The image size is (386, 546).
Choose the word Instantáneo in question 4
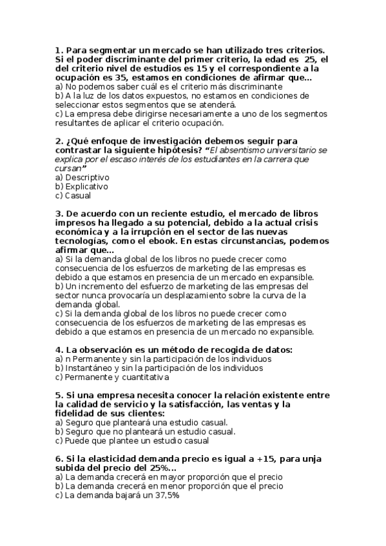pos(90,368)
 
